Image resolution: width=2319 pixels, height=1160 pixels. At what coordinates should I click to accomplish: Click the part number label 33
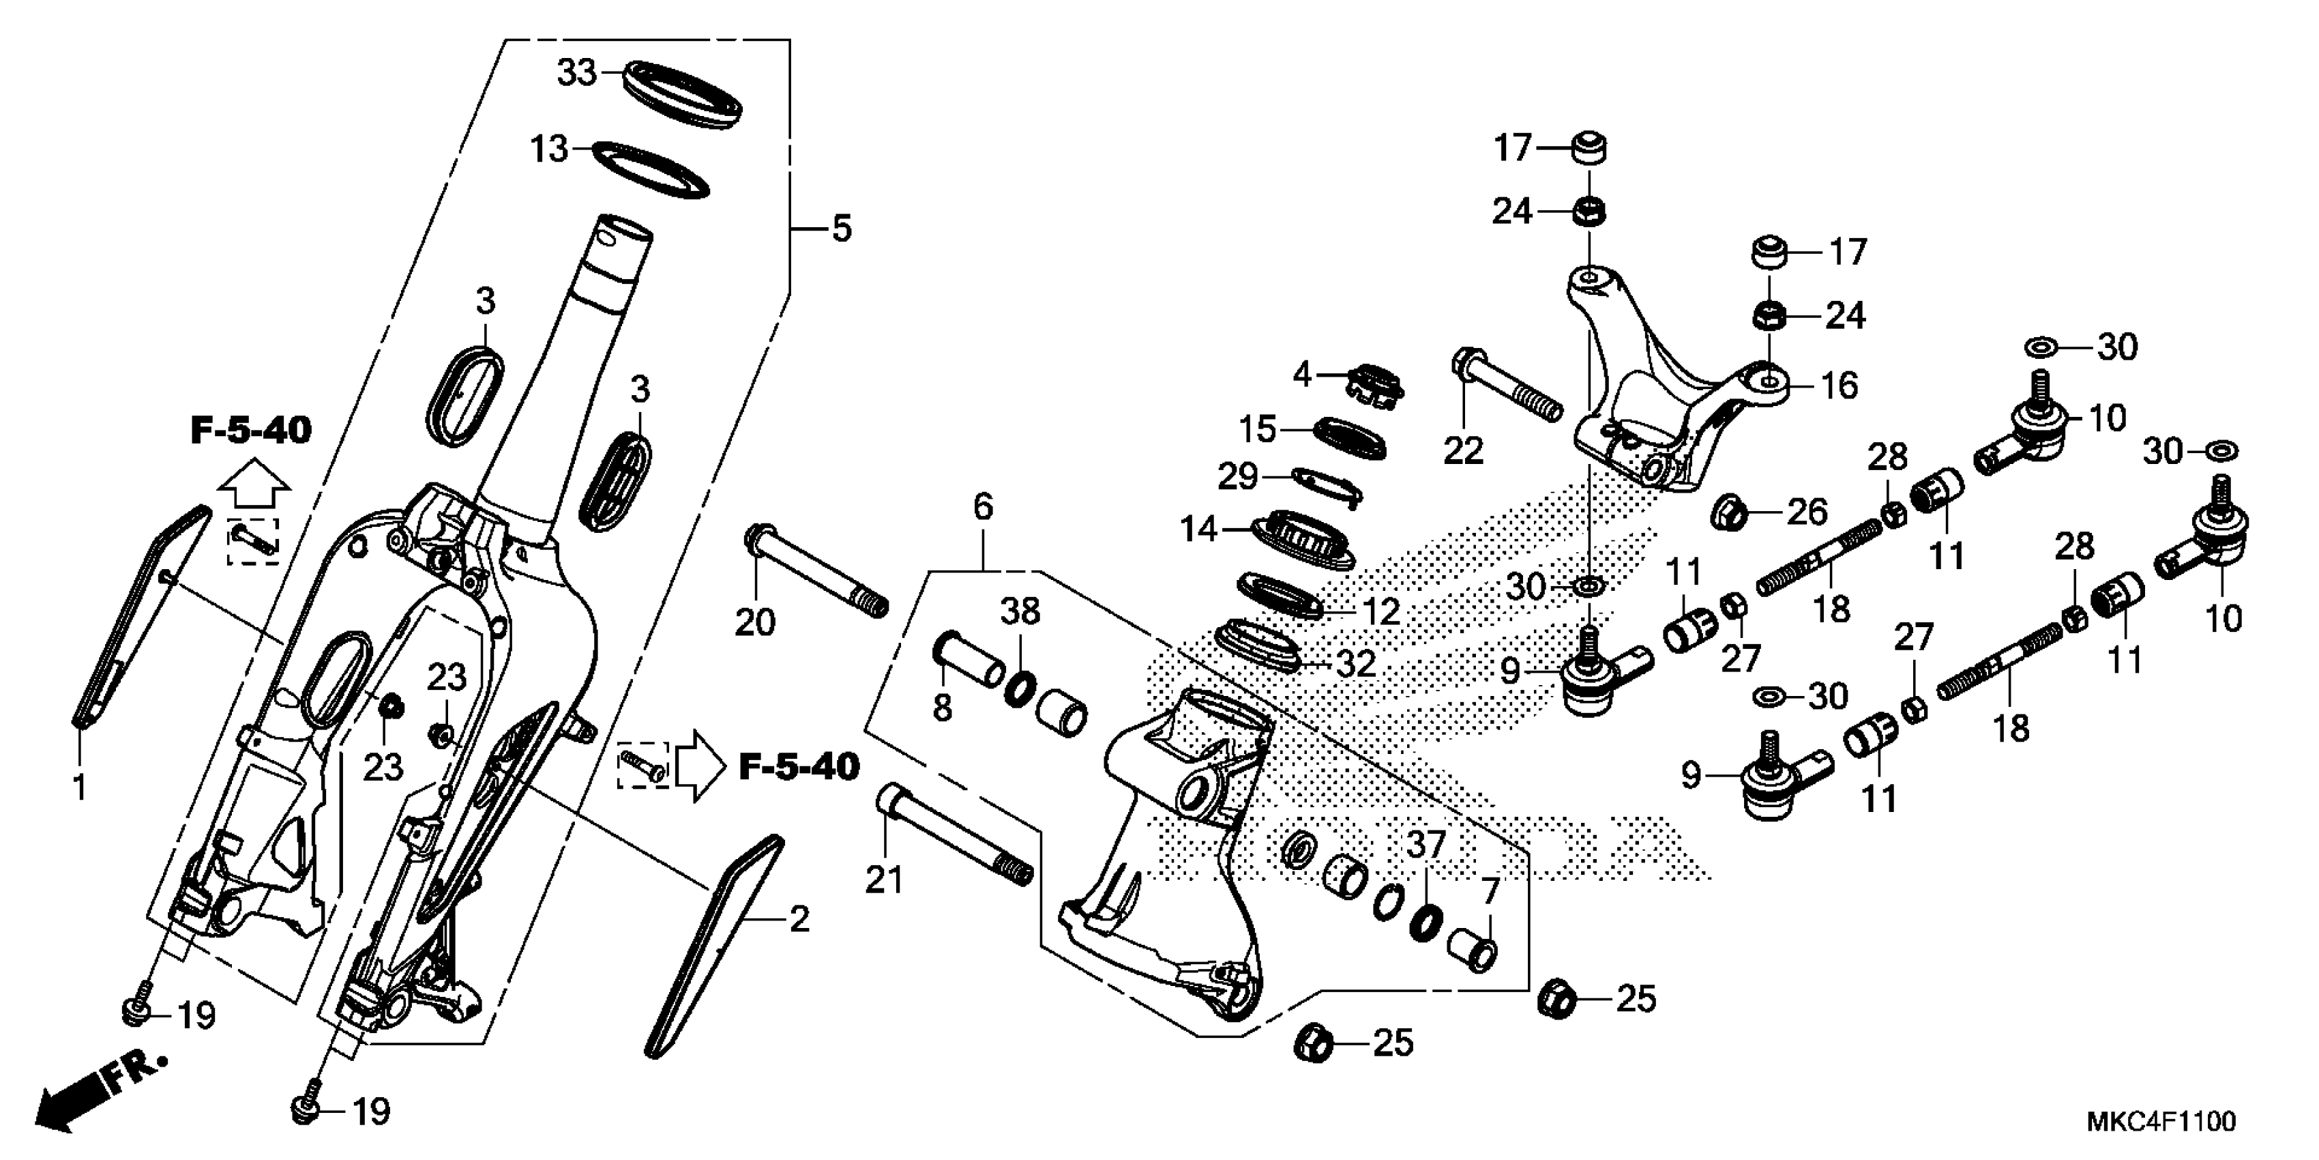(x=577, y=72)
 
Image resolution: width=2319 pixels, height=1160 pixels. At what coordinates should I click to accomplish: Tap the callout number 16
(x=1840, y=386)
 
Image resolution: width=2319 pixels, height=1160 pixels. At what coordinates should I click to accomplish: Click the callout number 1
(x=79, y=787)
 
